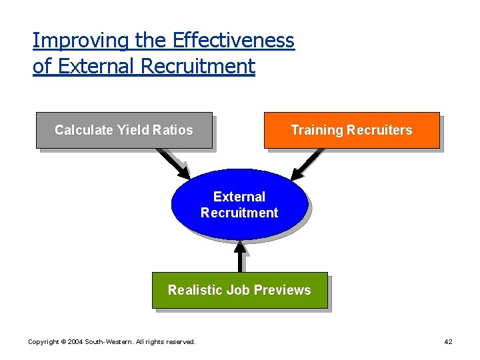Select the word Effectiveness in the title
233,41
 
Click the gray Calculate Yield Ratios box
124,130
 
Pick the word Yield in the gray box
133,130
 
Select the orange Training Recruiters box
351,130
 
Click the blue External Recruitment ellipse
239,204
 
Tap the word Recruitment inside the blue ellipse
239,213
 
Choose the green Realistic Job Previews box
239,290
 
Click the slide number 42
448,342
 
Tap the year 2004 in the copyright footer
73,342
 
